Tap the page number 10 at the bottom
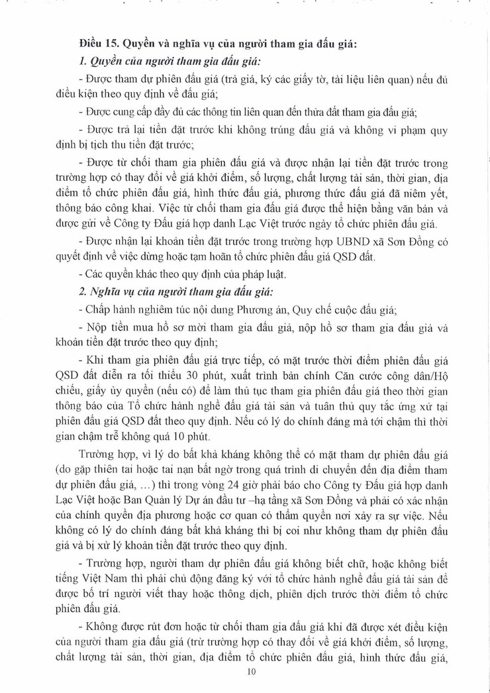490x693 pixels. (x=250, y=671)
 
